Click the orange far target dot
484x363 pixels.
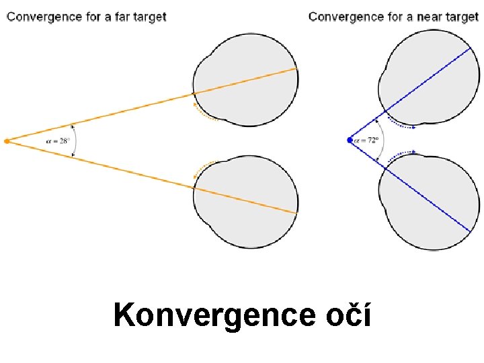click(x=7, y=141)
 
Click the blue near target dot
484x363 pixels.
click(x=350, y=140)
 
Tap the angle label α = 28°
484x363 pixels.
click(x=58, y=141)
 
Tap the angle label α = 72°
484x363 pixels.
click(x=367, y=140)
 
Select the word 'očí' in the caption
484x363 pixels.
click(x=348, y=315)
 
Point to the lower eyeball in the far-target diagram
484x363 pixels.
click(x=249, y=202)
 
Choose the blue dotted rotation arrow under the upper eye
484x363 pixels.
click(x=401, y=124)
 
